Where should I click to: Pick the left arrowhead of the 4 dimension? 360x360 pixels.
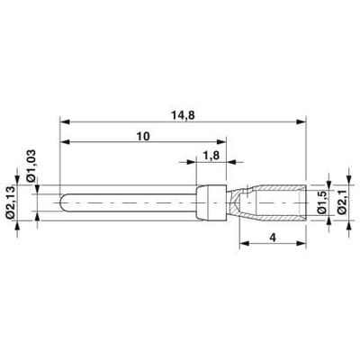(x=243, y=243)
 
